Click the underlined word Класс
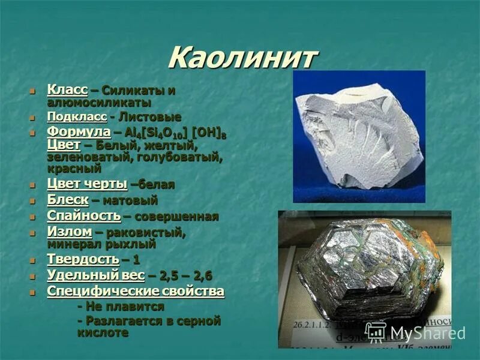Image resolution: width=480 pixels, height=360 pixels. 67,90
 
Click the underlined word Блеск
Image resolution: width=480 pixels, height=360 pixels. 68,200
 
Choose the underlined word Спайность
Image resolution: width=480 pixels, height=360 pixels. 83,216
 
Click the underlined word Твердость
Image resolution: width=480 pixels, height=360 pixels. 83,260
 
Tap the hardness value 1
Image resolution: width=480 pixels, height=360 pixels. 136,260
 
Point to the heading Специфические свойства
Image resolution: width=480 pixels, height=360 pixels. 136,292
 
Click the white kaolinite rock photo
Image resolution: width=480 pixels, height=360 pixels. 358,135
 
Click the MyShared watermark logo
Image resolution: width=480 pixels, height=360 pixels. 416,332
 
